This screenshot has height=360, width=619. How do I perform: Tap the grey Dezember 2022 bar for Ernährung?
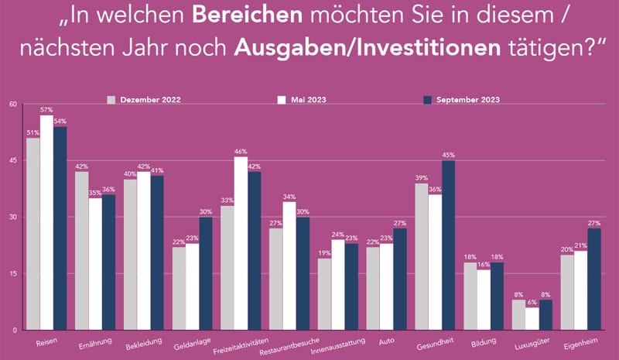click(81, 251)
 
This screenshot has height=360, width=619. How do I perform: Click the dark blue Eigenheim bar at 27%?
click(595, 279)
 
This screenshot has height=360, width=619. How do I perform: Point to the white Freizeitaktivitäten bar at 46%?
click(241, 243)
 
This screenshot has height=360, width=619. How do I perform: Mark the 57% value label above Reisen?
click(46, 111)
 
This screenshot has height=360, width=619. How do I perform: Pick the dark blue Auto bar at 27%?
click(399, 279)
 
